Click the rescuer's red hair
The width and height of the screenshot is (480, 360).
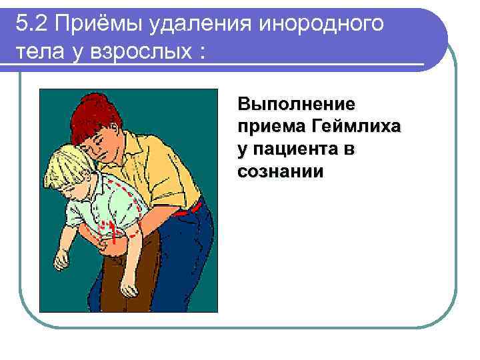pos(100,117)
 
